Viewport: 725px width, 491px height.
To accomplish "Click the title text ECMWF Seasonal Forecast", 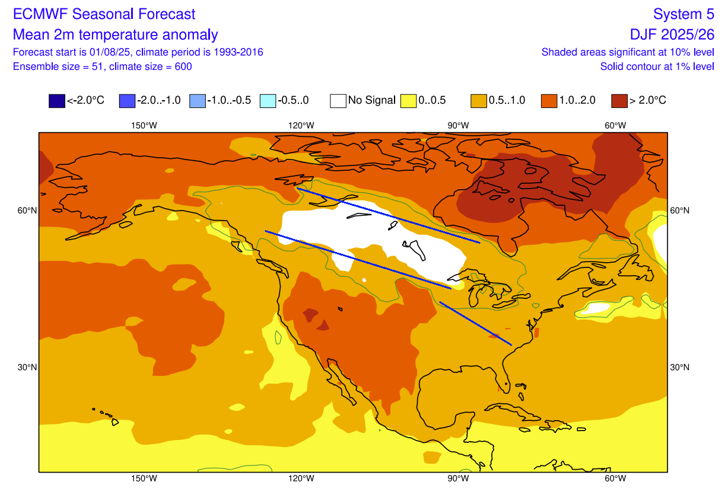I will tap(104, 14).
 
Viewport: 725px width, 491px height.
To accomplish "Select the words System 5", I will tap(683, 14).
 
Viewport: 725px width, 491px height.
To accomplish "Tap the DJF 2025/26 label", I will tap(672, 34).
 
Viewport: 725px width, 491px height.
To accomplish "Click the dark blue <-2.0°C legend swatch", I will tap(56, 101).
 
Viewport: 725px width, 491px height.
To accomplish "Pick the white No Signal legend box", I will tap(338, 101).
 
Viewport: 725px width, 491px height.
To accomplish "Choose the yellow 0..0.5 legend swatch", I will tap(409, 101).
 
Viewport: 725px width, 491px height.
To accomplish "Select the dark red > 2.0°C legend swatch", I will tap(619, 101).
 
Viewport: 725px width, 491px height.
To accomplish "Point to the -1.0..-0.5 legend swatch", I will tap(197, 101).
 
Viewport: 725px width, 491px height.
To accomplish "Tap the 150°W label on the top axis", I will tap(144, 126).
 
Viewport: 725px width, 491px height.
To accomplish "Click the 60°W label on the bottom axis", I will tap(615, 479).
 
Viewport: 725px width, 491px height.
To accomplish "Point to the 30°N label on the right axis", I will tap(680, 367).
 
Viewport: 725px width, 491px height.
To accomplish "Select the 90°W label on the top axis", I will tap(459, 126).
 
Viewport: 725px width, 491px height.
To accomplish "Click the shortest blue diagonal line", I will tap(476, 323).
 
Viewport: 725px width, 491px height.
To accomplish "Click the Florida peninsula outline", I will tap(506, 374).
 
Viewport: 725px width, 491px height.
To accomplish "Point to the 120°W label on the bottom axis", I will tap(301, 479).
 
